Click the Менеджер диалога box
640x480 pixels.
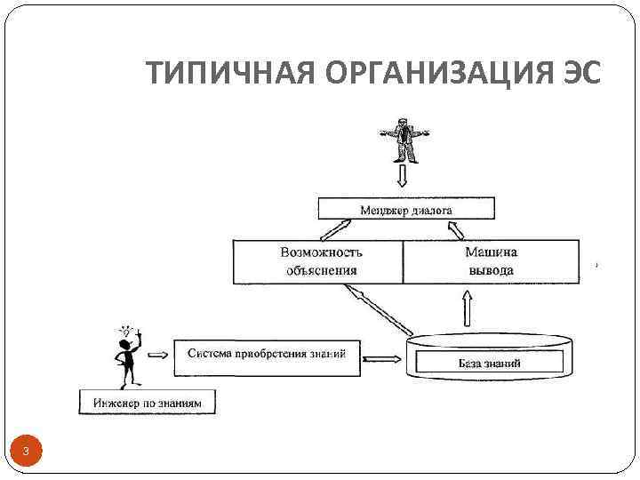click(405, 210)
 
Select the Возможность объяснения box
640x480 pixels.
click(318, 261)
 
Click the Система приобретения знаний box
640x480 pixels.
click(267, 353)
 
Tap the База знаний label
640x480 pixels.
click(489, 363)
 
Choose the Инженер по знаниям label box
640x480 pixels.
click(148, 403)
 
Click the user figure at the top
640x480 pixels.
click(405, 138)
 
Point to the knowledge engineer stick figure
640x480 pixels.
click(125, 355)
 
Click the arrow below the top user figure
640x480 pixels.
click(405, 177)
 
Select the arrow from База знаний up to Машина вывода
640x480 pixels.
click(468, 310)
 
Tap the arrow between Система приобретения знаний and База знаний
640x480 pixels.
click(383, 359)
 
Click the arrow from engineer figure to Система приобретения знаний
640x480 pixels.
click(156, 354)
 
